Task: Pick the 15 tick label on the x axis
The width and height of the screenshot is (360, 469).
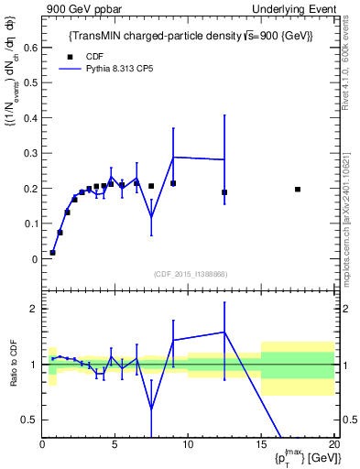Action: [261, 446]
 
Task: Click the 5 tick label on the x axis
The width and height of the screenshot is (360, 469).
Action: [115, 446]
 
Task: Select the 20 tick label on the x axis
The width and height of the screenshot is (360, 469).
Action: [333, 446]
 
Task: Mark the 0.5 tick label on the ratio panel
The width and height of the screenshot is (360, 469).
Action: [30, 420]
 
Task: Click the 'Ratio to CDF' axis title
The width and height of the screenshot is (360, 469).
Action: [13, 365]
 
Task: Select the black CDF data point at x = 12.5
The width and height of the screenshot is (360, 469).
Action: [224, 192]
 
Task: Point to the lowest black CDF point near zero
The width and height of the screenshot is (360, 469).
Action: [52, 252]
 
